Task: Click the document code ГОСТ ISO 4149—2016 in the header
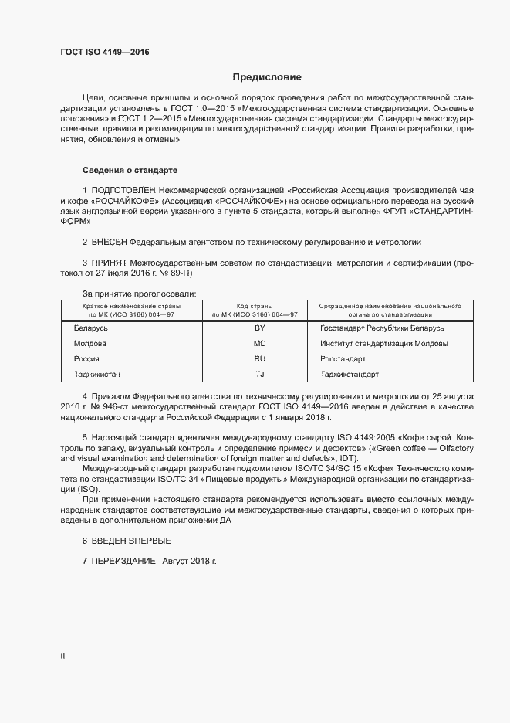[x=104, y=53]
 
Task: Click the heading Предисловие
[x=268, y=77]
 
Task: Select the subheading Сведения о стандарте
[x=130, y=170]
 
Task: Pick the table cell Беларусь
[x=90, y=328]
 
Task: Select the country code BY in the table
[x=259, y=328]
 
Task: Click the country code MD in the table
[x=259, y=344]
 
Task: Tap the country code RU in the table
[x=259, y=359]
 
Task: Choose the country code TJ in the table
[x=259, y=375]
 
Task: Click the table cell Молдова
[x=90, y=344]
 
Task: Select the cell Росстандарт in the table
[x=343, y=359]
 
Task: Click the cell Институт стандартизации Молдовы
[x=383, y=344]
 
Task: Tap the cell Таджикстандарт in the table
[x=349, y=375]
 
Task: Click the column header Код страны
[x=259, y=306]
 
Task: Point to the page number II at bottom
[x=62, y=656]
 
